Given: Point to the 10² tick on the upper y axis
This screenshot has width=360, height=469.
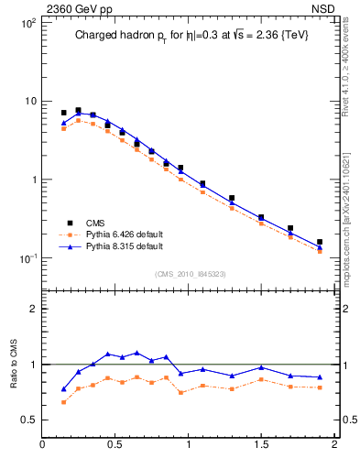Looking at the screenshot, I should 27,22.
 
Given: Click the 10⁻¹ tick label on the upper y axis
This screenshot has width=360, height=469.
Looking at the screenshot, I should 27,258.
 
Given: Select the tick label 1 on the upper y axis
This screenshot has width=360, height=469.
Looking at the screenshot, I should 32,180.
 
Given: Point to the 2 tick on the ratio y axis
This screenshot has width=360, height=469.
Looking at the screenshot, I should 33,309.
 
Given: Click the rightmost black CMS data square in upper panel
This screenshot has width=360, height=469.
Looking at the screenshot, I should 320,243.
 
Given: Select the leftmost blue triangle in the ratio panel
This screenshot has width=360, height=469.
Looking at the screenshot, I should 63,389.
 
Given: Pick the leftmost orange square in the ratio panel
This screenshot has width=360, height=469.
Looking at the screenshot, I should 63,402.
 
